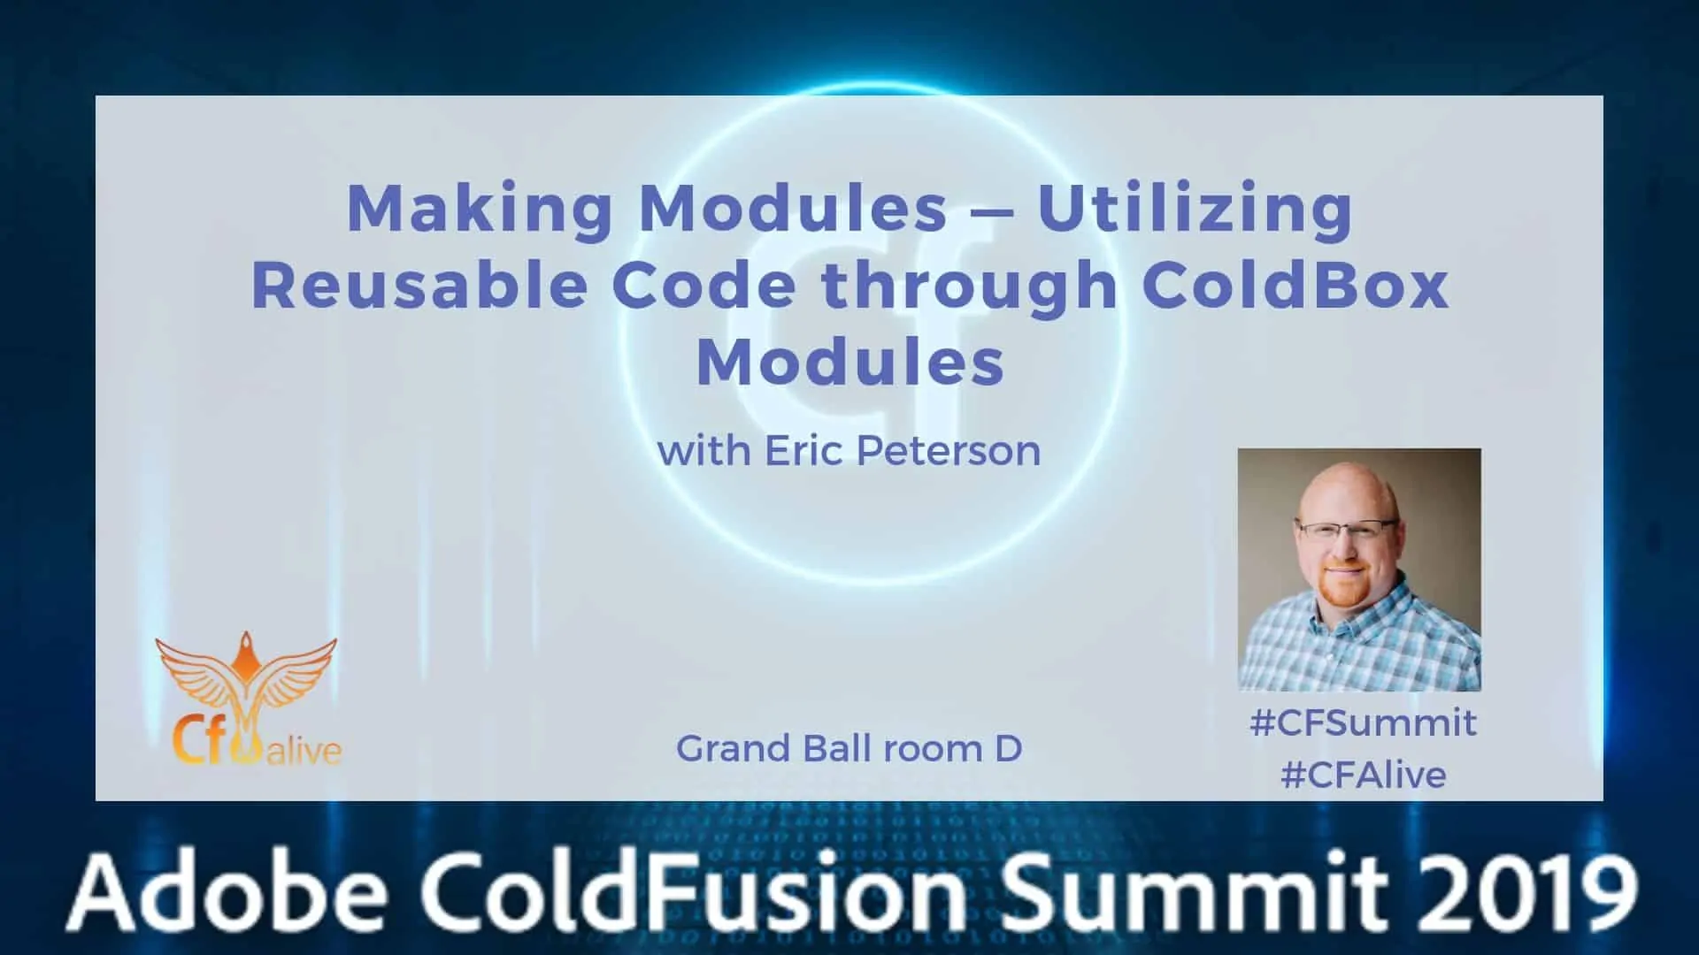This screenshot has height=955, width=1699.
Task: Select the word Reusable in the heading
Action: (x=419, y=285)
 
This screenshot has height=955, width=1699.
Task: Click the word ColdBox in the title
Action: (x=1295, y=285)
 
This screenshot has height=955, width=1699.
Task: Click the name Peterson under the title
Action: (x=948, y=451)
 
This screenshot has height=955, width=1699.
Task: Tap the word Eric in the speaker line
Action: (x=801, y=451)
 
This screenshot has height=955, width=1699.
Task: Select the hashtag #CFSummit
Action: (x=1363, y=723)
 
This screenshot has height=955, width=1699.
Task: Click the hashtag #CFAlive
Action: (x=1363, y=775)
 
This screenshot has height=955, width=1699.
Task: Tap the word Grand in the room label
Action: (x=734, y=749)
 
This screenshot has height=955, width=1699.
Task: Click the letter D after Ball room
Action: (x=1008, y=749)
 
